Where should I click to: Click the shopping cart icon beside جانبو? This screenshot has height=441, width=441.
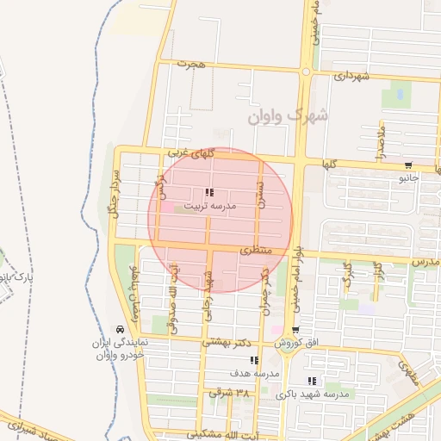tap(407, 165)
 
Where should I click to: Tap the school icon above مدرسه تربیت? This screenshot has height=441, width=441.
tap(208, 193)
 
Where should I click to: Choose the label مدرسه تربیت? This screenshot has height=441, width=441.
tap(208, 207)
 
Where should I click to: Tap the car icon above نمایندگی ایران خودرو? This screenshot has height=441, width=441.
tap(119, 330)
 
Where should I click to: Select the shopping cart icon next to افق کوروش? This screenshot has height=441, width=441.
tap(295, 330)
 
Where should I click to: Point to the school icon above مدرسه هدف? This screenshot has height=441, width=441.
tap(253, 360)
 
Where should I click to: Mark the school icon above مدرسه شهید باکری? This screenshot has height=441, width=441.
tap(312, 380)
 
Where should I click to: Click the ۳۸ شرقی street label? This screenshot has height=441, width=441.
tap(230, 393)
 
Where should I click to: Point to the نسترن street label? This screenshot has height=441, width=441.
tap(260, 198)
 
